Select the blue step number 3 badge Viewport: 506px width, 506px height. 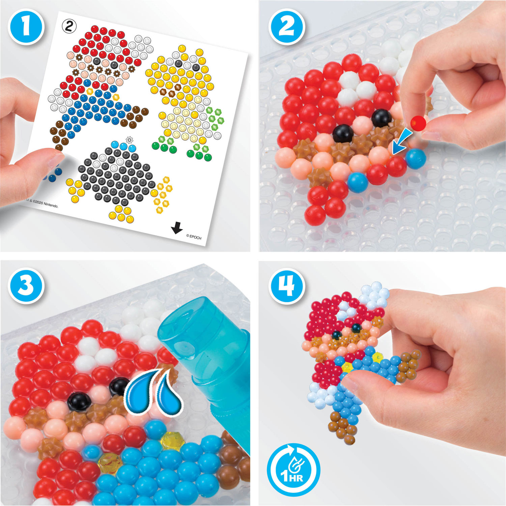coord(26,285)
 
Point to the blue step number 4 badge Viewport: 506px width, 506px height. coord(287,286)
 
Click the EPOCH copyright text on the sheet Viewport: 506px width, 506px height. coord(194,237)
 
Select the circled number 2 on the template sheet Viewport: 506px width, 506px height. coord(69,26)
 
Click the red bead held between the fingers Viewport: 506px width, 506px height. coord(418,123)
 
